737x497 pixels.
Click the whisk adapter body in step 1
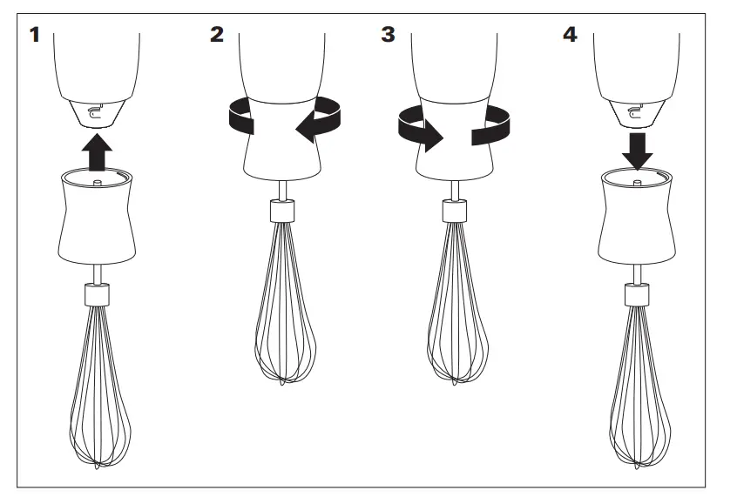(98, 218)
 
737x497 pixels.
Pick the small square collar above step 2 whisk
(281, 212)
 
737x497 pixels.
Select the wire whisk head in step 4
(639, 392)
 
